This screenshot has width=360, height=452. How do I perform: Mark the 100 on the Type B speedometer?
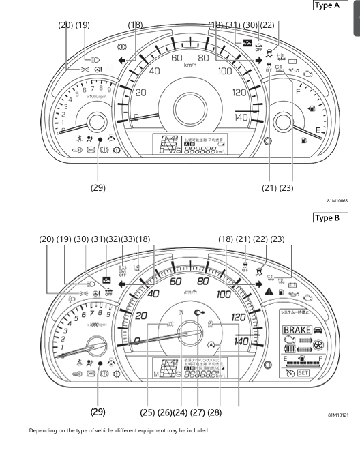click(x=223, y=295)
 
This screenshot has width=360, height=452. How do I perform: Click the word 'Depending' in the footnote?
click(x=43, y=430)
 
